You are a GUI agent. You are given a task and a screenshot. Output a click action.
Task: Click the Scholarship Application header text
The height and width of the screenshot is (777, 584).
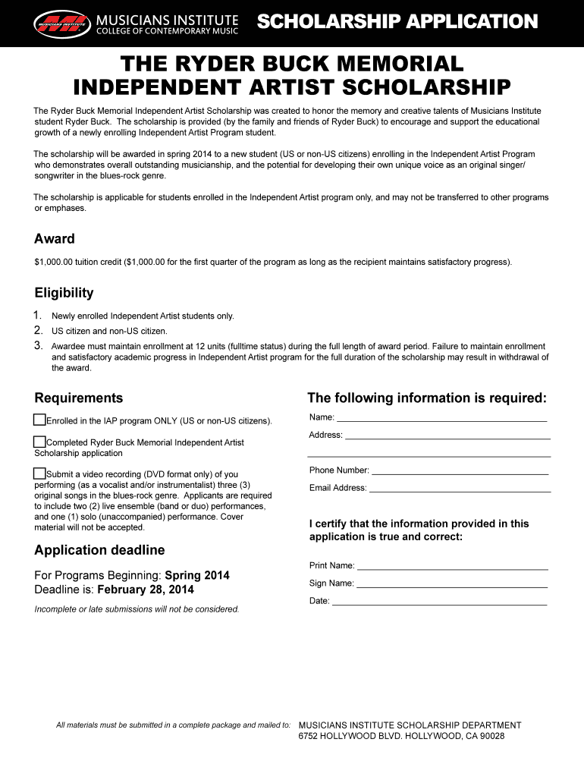click(x=397, y=22)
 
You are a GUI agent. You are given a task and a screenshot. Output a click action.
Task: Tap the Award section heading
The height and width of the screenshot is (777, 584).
click(x=55, y=239)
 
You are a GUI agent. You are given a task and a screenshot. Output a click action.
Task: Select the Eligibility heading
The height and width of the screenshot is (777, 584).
click(x=64, y=293)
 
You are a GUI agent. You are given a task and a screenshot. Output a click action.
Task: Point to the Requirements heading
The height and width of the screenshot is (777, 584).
click(x=78, y=398)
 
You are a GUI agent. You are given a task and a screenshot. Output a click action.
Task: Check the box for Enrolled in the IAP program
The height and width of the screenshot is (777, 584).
click(x=39, y=420)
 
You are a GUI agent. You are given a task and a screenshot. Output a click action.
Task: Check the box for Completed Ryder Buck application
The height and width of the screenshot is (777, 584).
click(x=39, y=442)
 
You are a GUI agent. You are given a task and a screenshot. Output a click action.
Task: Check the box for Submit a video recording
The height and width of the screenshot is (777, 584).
click(x=39, y=473)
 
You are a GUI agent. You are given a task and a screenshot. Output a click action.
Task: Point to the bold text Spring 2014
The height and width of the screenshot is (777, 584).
click(x=197, y=575)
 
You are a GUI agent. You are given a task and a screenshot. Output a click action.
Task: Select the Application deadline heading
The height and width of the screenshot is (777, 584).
click(x=99, y=550)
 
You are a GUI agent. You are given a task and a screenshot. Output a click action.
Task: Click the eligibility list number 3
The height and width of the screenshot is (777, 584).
click(x=38, y=345)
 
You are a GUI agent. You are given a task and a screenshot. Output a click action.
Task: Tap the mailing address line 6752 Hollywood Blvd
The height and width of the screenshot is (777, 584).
click(x=401, y=736)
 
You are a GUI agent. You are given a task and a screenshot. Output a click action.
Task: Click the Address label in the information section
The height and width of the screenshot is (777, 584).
click(x=325, y=436)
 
